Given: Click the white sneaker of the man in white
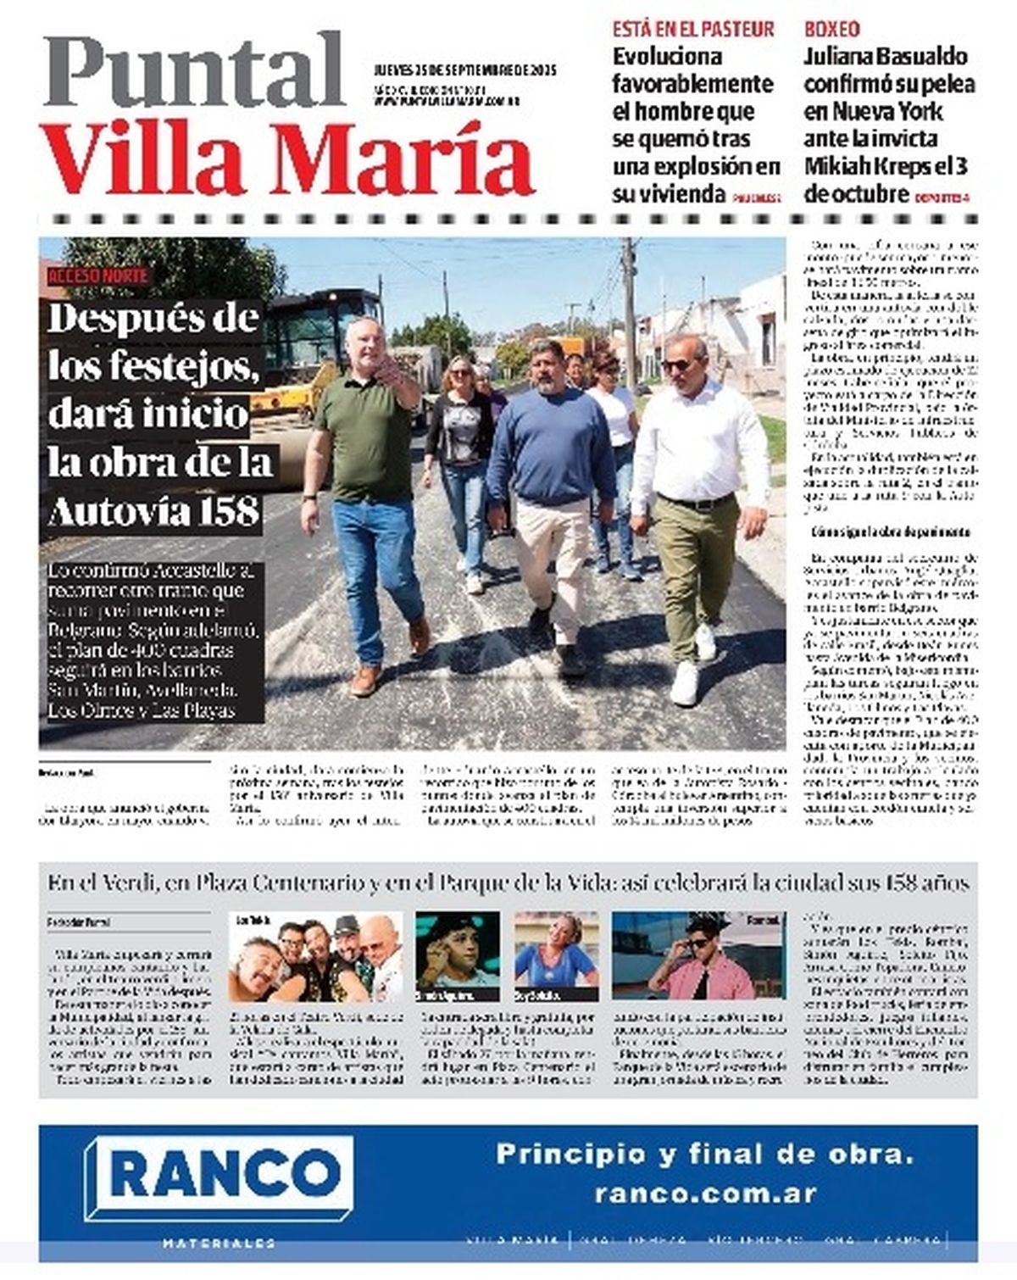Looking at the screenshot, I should (x=684, y=682).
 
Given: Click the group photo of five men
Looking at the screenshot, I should (x=314, y=958).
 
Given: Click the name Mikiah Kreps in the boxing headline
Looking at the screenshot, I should (x=870, y=166).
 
